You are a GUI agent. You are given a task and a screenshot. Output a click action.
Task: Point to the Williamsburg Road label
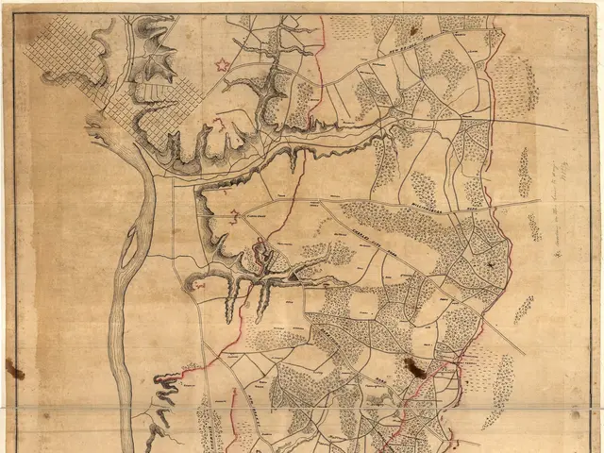[430, 194]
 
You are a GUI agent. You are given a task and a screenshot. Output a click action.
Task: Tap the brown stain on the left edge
[13, 369]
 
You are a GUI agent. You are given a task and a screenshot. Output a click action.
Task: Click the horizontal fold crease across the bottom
[302, 407]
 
